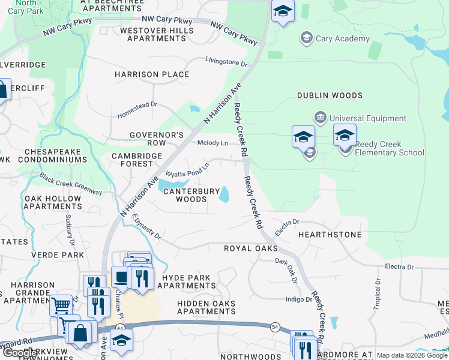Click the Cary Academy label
point(343,39)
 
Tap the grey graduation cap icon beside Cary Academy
point(307,38)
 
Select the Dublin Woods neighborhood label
point(330,95)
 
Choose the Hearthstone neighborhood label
point(330,235)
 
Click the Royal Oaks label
point(251,248)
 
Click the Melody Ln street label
point(213,143)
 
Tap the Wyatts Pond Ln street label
point(187,170)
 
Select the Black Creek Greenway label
point(71,183)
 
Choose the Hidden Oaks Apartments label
point(206,307)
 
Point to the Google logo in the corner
point(21,353)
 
